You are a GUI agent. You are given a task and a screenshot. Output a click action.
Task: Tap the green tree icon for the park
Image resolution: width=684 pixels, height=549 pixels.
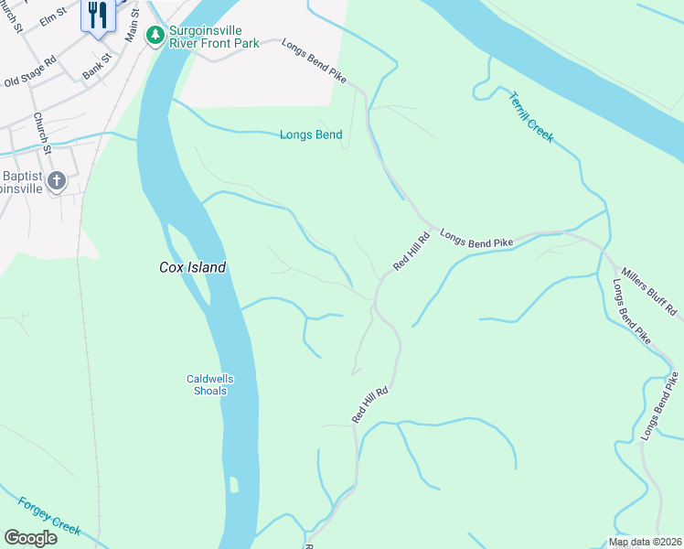(x=155, y=35)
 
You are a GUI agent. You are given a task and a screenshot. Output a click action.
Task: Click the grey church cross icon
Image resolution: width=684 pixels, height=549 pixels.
(x=57, y=180)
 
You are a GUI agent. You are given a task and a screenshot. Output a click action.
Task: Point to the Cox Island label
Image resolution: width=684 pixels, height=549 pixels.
(x=192, y=267)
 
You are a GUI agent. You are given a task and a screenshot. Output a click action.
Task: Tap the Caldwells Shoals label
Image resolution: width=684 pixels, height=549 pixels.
(x=207, y=384)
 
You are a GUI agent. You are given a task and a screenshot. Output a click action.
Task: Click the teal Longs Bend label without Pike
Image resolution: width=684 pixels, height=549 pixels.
(x=311, y=135)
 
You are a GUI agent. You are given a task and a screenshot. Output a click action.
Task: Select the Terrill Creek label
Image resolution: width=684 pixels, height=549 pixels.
(x=531, y=116)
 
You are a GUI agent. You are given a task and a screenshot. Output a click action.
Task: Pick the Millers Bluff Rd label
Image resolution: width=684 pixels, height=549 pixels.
(x=651, y=293)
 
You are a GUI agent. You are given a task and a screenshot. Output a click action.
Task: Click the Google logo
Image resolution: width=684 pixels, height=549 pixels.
(x=30, y=538)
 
